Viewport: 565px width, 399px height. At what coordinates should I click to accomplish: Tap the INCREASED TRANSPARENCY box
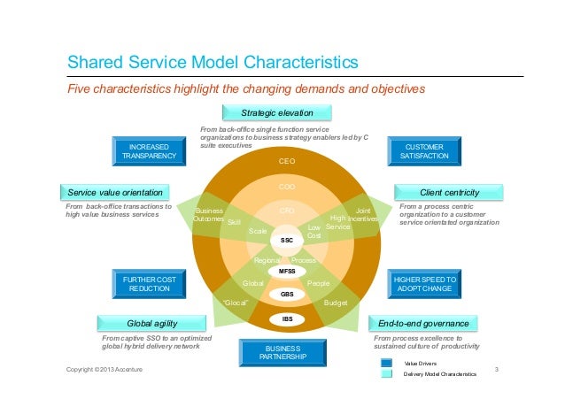(149, 150)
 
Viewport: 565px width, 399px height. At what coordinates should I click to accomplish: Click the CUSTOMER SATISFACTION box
(424, 150)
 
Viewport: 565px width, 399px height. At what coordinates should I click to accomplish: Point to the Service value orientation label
(115, 192)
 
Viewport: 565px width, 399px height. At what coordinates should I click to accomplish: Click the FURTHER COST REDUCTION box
(149, 284)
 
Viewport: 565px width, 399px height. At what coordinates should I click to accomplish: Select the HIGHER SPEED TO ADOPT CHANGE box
(424, 284)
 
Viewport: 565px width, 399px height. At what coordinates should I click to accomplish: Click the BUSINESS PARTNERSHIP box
(286, 352)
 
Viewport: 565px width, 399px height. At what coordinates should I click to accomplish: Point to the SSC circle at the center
(286, 240)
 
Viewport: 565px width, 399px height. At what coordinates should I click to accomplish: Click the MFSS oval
(286, 271)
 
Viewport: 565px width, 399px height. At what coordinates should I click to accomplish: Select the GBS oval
(286, 293)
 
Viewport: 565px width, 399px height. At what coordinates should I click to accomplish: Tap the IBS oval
(286, 318)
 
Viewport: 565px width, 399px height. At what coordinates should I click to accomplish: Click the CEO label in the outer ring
(286, 162)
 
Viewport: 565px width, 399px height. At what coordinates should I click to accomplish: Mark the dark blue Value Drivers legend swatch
(387, 364)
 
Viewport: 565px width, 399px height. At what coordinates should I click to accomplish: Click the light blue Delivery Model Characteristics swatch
(387, 375)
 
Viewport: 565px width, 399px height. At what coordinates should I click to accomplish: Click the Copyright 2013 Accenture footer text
(104, 369)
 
